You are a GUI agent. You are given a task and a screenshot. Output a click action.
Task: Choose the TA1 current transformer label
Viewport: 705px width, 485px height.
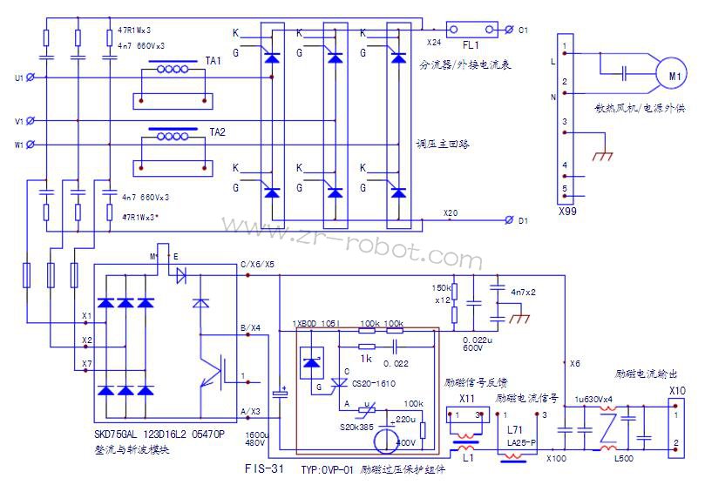tap(214, 60)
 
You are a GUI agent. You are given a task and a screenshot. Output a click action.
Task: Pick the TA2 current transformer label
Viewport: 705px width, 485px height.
tap(217, 131)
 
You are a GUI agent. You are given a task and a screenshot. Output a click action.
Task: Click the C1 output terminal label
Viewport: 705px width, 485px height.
tap(523, 30)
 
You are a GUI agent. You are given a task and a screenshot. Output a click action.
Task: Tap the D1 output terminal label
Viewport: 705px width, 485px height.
tap(523, 221)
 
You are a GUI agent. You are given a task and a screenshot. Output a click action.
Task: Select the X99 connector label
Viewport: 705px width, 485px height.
tap(567, 210)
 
